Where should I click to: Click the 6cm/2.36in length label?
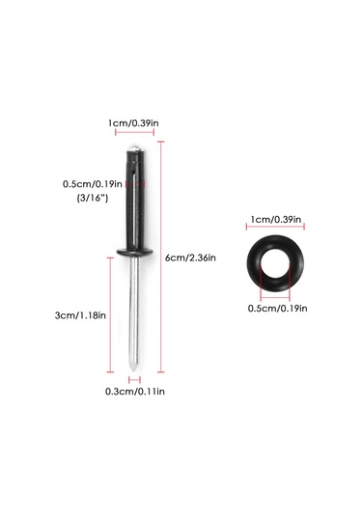tap(190, 258)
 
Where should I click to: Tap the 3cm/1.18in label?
tap(80, 315)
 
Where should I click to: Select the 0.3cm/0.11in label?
tap(135, 392)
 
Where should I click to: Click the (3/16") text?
tap(93, 198)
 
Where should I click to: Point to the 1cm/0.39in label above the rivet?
tap(133, 123)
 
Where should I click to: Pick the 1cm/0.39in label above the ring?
tap(276, 219)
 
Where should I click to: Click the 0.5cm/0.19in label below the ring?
tap(277, 309)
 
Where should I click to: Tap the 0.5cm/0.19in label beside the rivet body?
tap(93, 183)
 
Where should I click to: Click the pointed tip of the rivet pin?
tap(133, 370)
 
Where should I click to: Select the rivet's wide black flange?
tap(134, 253)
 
